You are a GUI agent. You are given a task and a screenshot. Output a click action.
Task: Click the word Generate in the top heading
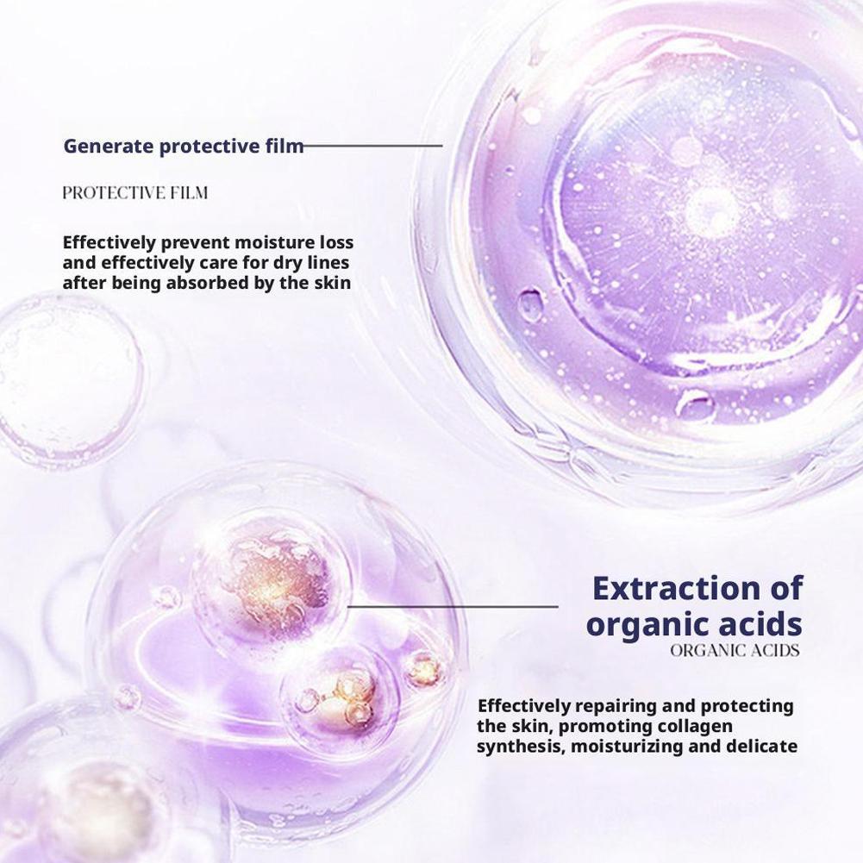pyautogui.click(x=109, y=147)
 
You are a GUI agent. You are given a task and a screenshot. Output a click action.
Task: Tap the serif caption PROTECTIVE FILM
pyautogui.click(x=134, y=193)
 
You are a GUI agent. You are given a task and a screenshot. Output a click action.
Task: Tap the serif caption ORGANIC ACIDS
pyautogui.click(x=735, y=651)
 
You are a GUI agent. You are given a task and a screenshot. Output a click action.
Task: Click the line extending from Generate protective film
pyautogui.click(x=373, y=146)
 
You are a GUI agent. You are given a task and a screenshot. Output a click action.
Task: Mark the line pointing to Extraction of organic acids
pyautogui.click(x=453, y=607)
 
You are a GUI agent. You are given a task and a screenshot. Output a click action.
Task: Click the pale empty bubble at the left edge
pyautogui.click(x=67, y=379)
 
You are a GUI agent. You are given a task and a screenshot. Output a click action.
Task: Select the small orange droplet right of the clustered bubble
pyautogui.click(x=424, y=670)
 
